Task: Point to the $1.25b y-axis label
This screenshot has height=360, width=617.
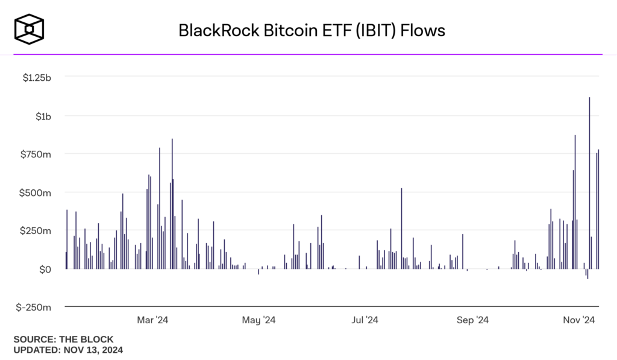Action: [x=36, y=77]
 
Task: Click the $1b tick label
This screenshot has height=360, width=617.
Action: [x=42, y=115]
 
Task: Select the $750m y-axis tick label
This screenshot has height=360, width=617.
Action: [x=37, y=154]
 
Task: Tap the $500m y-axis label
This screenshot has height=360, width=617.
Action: [x=37, y=192]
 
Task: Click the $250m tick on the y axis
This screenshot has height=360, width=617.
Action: [x=37, y=230]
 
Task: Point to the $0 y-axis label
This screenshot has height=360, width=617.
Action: [x=45, y=269]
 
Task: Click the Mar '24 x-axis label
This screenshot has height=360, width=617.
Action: [x=153, y=320]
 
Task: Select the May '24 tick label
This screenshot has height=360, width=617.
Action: [x=258, y=320]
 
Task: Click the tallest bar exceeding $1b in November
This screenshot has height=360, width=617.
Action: [x=589, y=181]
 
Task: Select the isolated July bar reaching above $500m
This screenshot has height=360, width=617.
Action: [x=401, y=229]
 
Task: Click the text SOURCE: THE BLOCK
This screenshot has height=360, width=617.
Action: [x=63, y=339]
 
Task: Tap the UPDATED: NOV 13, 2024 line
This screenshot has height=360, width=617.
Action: [x=68, y=349]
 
